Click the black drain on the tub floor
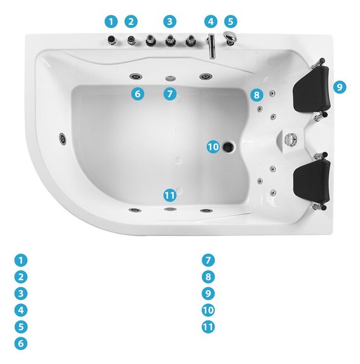(x=228, y=146)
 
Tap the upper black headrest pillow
(x=311, y=89)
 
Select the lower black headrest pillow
(x=311, y=181)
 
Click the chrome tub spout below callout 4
(x=212, y=46)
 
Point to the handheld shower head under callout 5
(x=230, y=38)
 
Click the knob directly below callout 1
(x=112, y=39)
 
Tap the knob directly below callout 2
(x=132, y=40)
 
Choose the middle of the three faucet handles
(x=171, y=40)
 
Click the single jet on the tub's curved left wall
(x=63, y=139)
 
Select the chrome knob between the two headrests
(x=291, y=140)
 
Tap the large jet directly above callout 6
(x=136, y=76)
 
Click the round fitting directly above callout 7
(x=171, y=78)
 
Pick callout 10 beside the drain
(x=213, y=147)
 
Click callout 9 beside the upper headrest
(x=339, y=87)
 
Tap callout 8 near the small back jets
(x=257, y=95)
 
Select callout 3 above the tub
(x=170, y=22)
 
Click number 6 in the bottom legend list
(x=21, y=343)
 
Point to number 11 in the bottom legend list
(x=208, y=327)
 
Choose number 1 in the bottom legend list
(x=21, y=260)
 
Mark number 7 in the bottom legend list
(x=208, y=260)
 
